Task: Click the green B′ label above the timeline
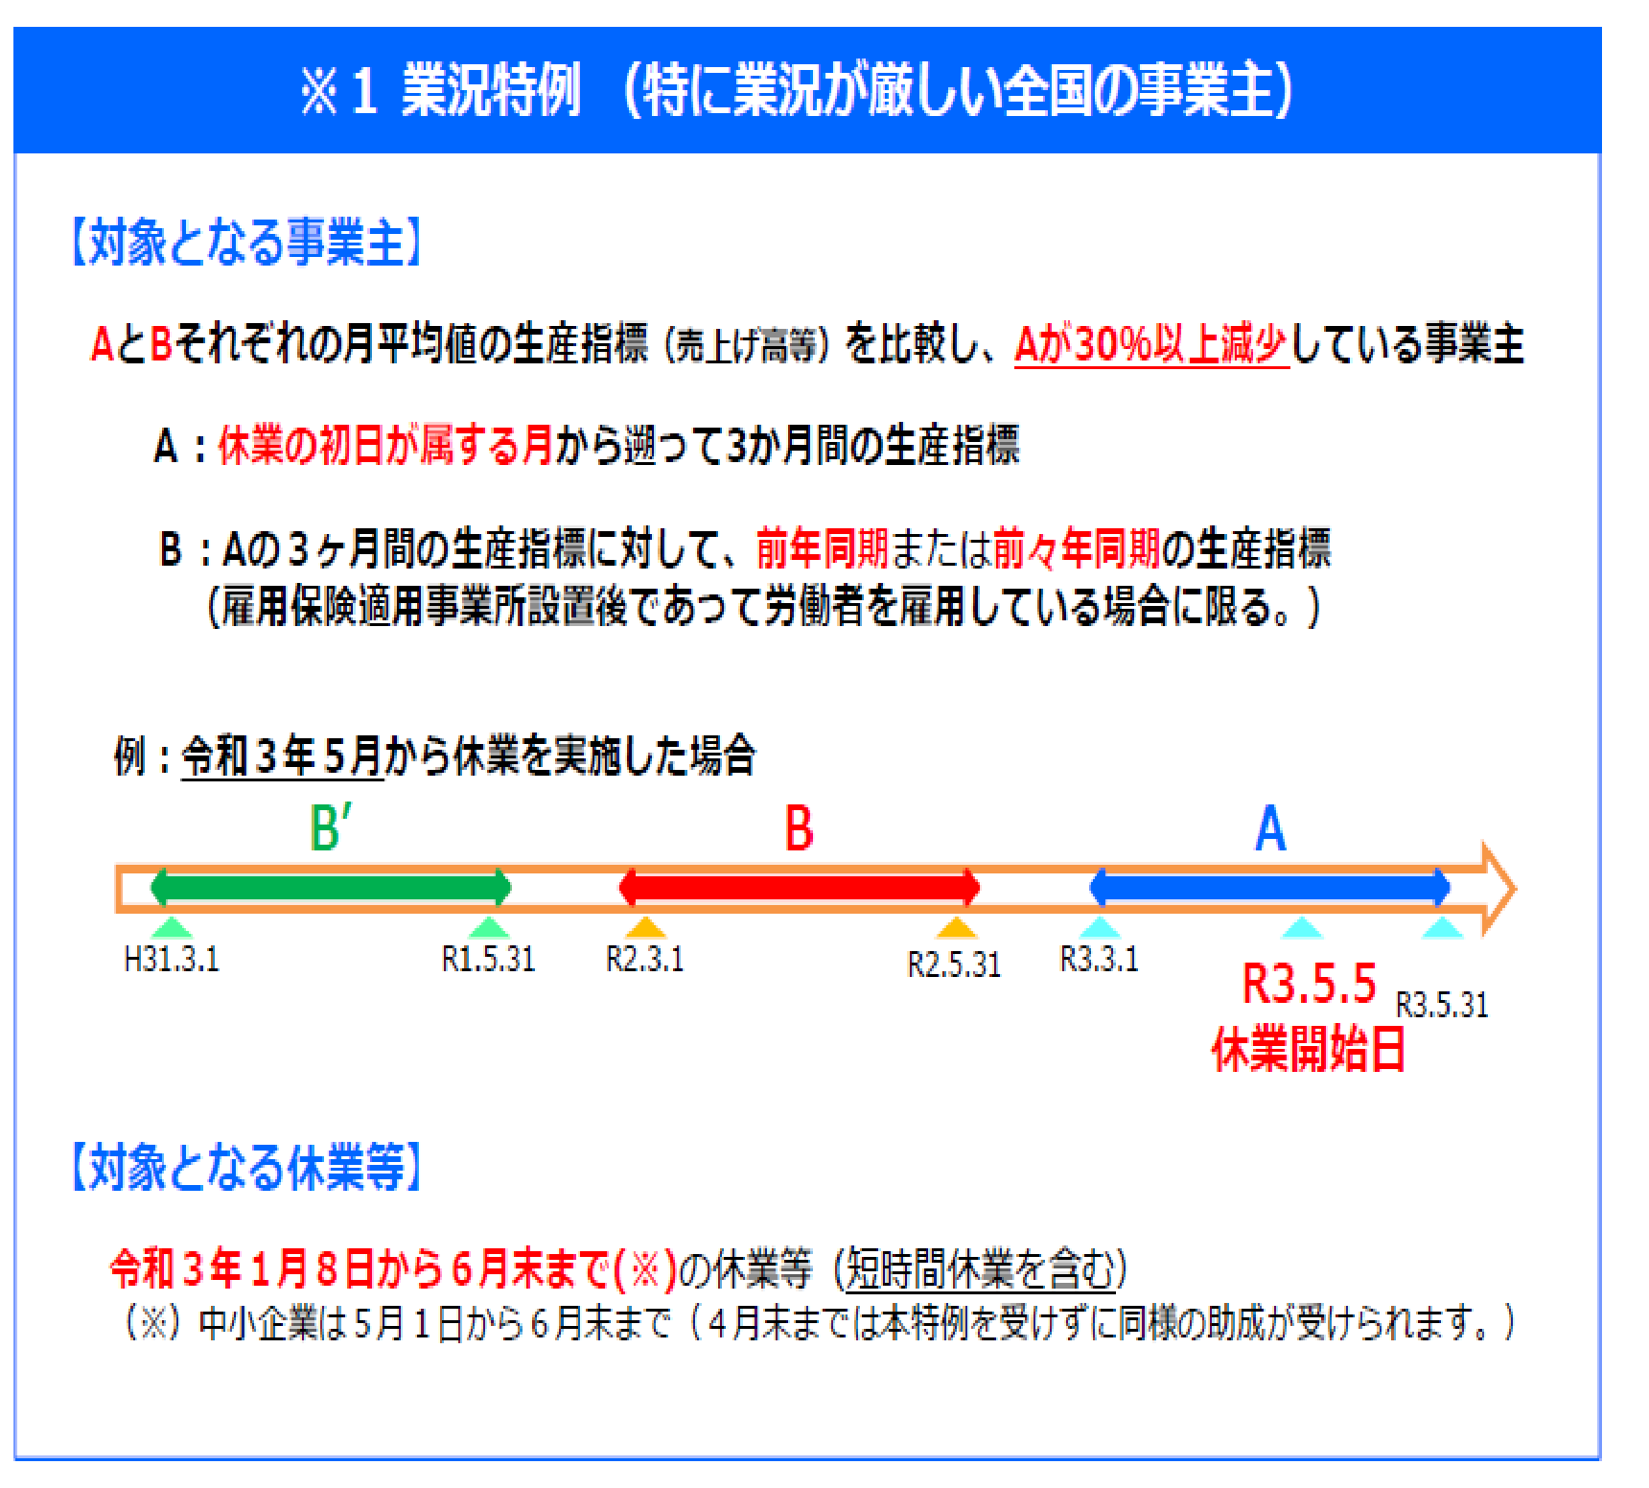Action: click(331, 827)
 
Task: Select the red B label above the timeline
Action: click(799, 828)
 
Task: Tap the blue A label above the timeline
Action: click(1270, 828)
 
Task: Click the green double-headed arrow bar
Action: click(331, 887)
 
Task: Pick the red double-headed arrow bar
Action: click(800, 887)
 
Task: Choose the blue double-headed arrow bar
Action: click(1270, 887)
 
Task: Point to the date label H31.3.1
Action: click(172, 959)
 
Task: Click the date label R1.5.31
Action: click(488, 959)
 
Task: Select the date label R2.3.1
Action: click(644, 959)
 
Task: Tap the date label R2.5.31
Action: click(954, 965)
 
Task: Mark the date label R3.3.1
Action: click(1099, 959)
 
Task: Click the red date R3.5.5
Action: click(1310, 984)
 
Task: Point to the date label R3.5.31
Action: click(1442, 1005)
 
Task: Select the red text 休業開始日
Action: click(1309, 1049)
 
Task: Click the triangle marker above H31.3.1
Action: click(172, 926)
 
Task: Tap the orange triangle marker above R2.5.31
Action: click(956, 926)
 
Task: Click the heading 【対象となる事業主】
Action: click(246, 241)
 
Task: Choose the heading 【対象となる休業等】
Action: click(246, 1167)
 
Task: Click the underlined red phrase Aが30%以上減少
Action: click(1151, 344)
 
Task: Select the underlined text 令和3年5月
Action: click(283, 756)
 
